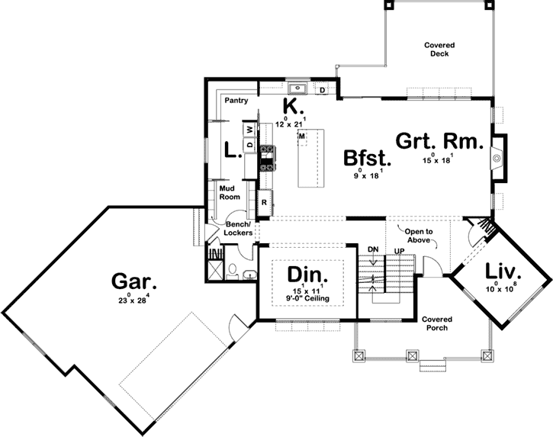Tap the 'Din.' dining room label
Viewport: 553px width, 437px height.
(307, 275)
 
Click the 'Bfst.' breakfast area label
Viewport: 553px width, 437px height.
(367, 158)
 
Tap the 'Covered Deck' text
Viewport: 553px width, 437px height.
(440, 50)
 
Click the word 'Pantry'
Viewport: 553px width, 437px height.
(236, 100)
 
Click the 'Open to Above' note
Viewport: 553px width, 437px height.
(419, 235)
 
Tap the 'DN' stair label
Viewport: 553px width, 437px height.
(372, 249)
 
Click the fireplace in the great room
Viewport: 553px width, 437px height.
(496, 159)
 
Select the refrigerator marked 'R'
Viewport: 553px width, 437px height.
(265, 202)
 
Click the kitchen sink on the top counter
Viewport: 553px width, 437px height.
(299, 90)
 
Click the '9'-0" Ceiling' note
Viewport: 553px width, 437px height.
(306, 298)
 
